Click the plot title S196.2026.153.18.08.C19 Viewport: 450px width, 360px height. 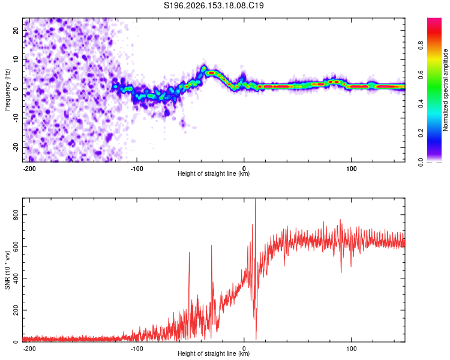214,5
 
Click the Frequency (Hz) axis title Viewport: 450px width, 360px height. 7,90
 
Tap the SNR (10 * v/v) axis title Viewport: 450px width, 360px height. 7,270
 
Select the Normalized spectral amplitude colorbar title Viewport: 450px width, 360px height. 445,90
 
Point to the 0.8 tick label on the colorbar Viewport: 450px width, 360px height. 421,46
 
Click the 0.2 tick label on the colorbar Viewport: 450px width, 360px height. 421,133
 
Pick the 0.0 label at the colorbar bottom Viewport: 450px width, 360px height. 421,163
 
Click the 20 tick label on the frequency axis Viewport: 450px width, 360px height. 16,31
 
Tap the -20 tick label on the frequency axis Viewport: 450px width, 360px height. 16,148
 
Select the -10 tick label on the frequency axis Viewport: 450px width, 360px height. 16,118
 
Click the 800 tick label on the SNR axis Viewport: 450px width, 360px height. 16,215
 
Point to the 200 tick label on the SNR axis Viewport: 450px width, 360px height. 16,310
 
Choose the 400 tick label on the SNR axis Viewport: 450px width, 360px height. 16,278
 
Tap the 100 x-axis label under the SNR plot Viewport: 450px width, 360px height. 351,349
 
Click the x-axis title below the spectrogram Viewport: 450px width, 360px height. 214,173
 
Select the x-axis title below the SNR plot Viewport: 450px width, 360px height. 214,353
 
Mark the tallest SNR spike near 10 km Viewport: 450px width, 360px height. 255,199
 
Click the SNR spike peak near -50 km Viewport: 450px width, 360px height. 189,253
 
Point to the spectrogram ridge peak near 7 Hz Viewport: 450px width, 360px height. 204,68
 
